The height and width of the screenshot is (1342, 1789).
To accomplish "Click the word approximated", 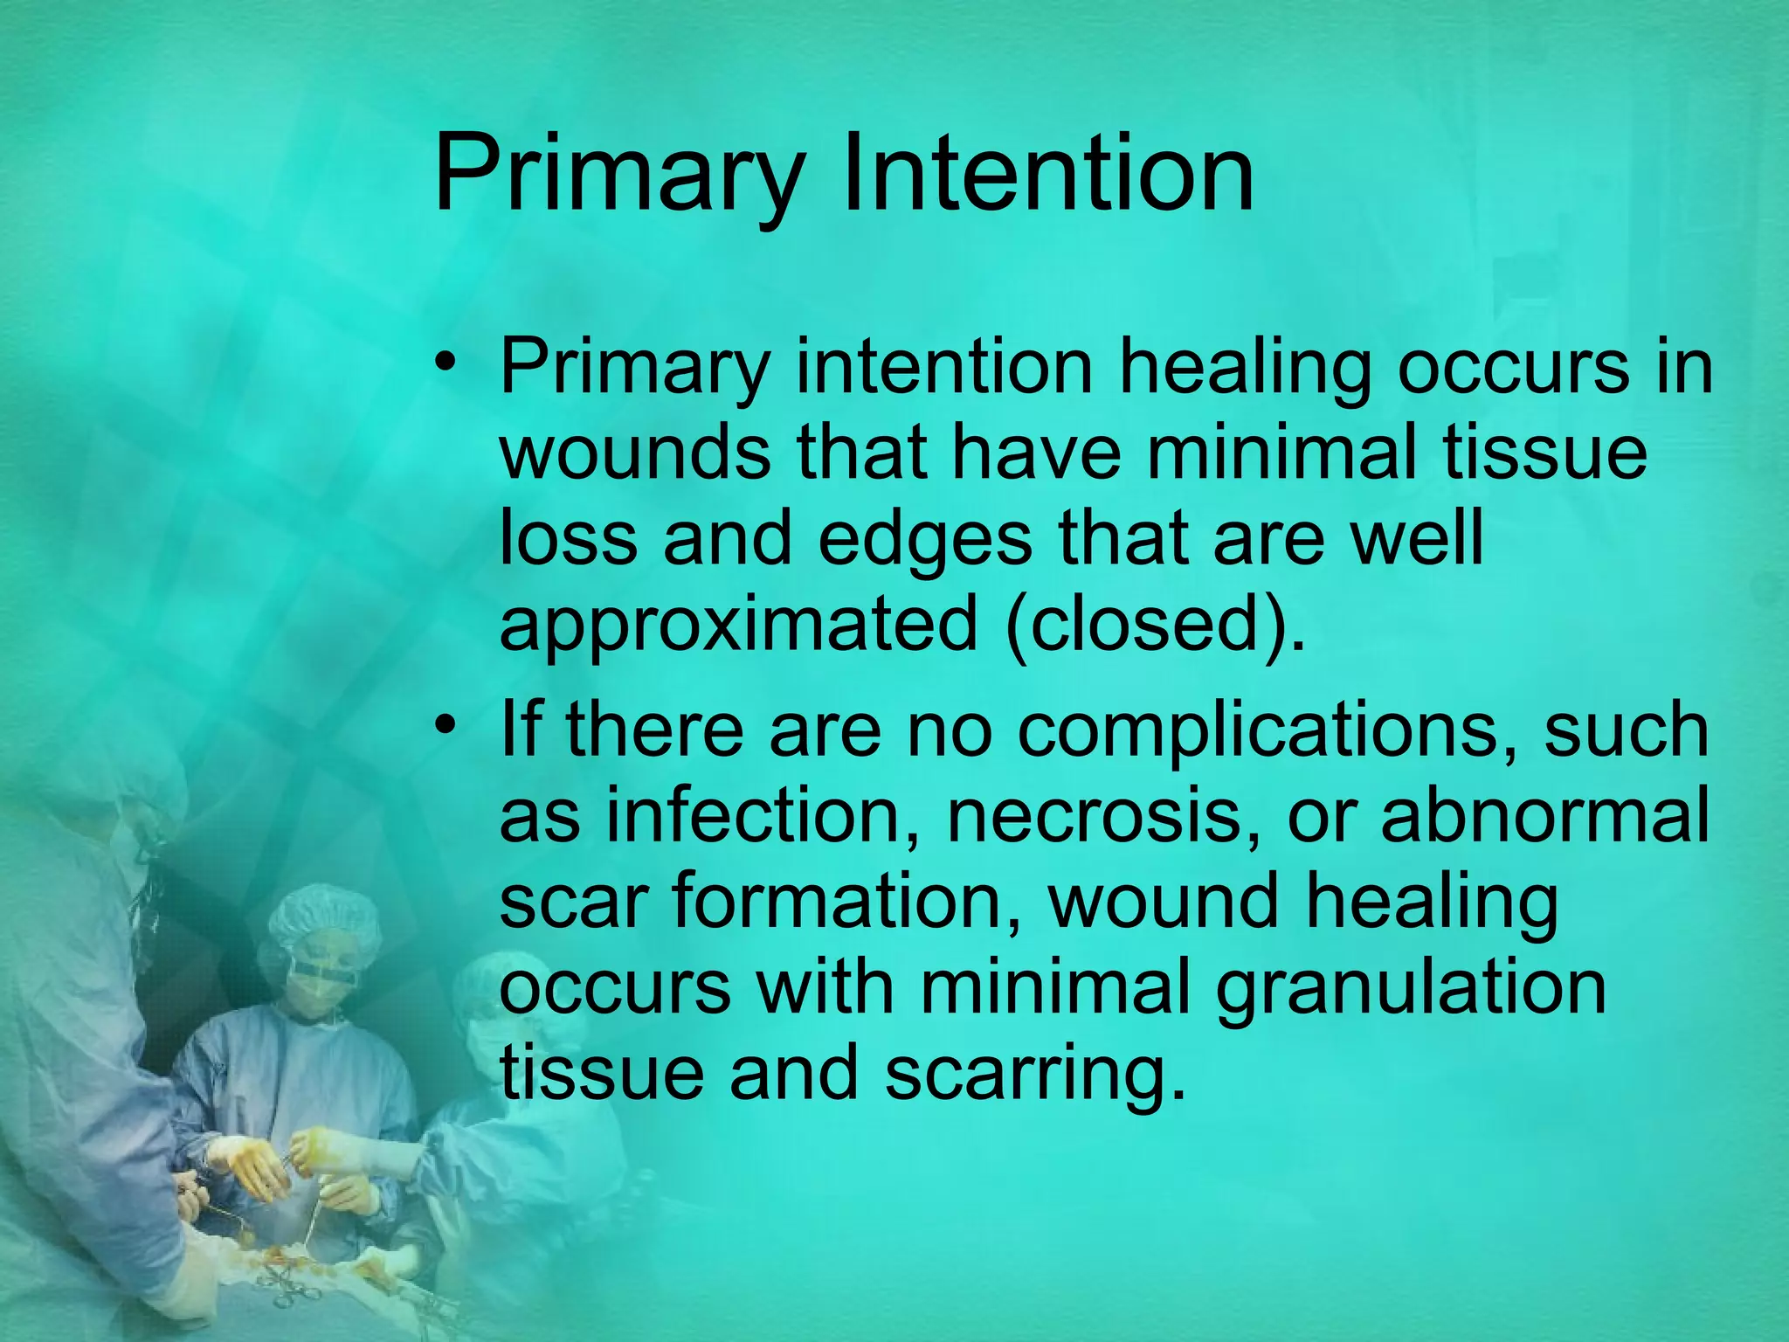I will (x=738, y=626).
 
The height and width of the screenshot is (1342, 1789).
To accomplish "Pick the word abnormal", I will (x=1544, y=815).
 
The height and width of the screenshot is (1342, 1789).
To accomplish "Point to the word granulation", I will (x=1410, y=988).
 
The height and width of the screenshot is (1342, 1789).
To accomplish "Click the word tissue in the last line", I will (x=601, y=1073).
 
